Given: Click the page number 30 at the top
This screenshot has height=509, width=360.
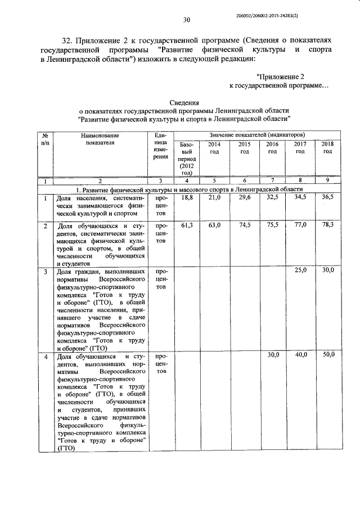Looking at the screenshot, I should click(187, 20).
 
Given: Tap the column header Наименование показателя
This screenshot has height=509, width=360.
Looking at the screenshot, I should click(100, 139).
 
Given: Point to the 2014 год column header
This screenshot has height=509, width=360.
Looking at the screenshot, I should click(214, 148).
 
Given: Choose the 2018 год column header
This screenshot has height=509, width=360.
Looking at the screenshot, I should click(327, 148).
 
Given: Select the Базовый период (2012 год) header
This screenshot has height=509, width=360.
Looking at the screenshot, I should click(186, 159).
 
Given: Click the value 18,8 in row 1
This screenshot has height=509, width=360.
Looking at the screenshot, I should click(187, 198).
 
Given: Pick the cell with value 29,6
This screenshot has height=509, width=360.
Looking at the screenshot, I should click(244, 198).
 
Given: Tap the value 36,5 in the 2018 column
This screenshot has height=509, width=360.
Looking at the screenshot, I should click(327, 198).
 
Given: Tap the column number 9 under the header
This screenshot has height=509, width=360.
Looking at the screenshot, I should click(327, 181).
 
